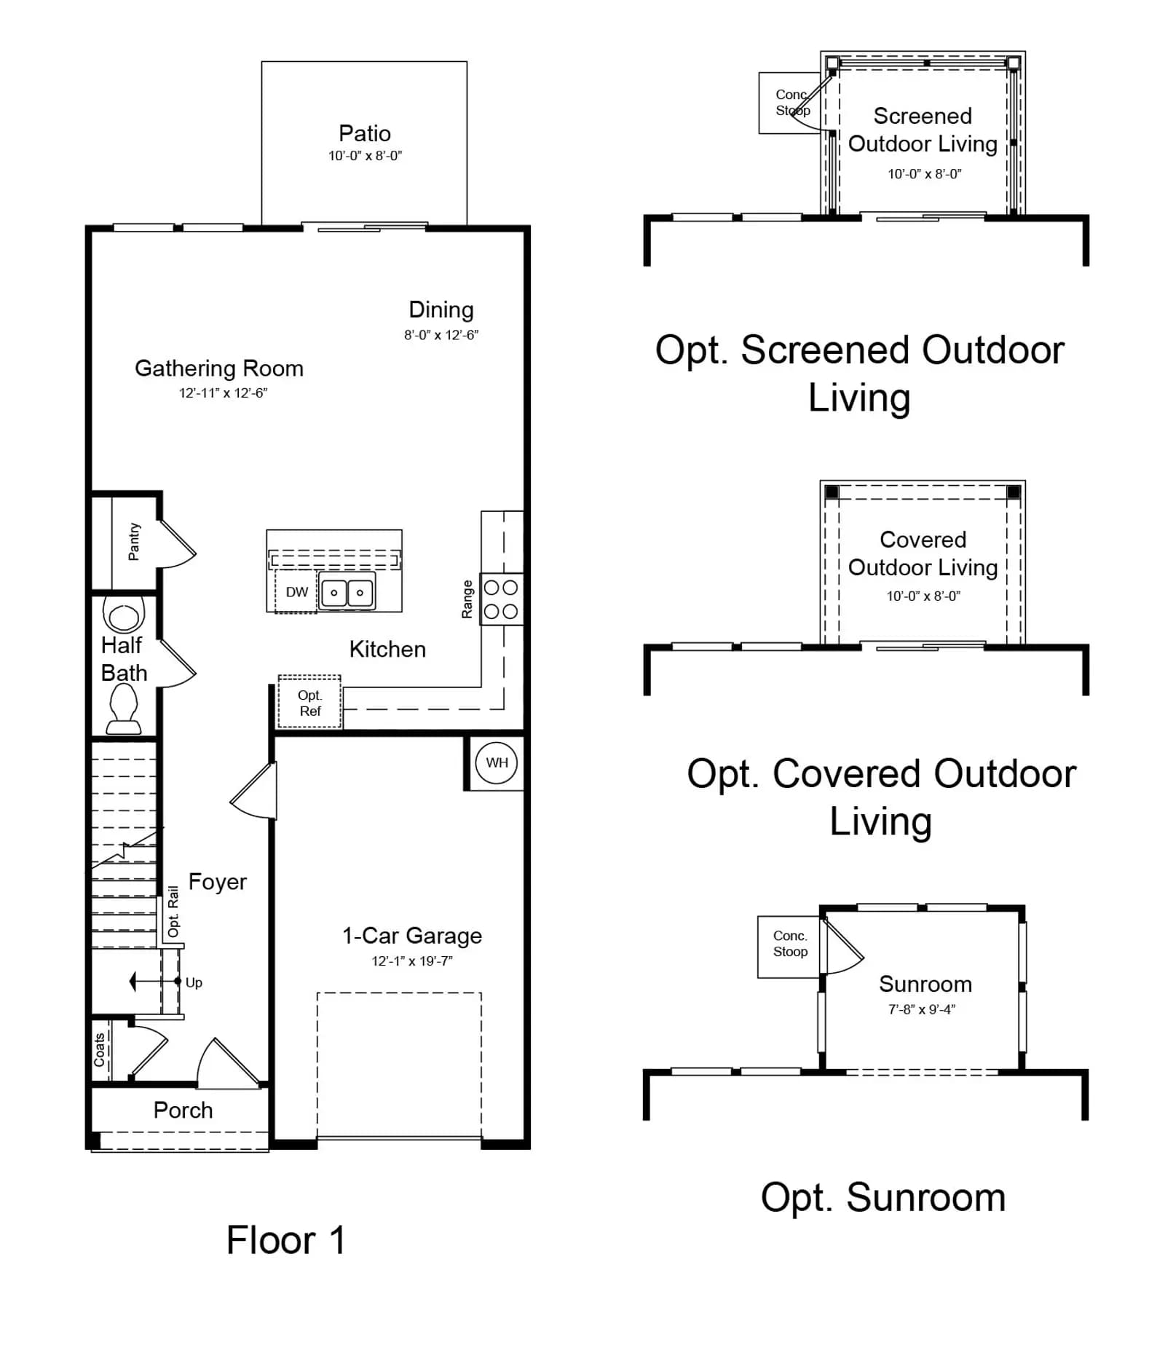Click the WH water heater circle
point(497,762)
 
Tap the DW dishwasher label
point(296,592)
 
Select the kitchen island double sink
point(347,591)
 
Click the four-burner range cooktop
point(502,599)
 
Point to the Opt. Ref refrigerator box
point(309,702)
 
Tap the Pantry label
point(134,542)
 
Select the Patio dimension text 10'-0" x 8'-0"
point(365,156)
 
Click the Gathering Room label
point(219,368)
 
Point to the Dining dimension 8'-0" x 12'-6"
point(441,335)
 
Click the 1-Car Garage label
point(412,936)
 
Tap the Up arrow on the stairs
point(155,982)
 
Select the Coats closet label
point(100,1050)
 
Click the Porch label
point(183,1111)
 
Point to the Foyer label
point(218,882)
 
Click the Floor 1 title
point(285,1240)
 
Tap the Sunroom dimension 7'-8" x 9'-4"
point(922,1009)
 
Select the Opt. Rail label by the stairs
point(173,912)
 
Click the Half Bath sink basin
point(124,613)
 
